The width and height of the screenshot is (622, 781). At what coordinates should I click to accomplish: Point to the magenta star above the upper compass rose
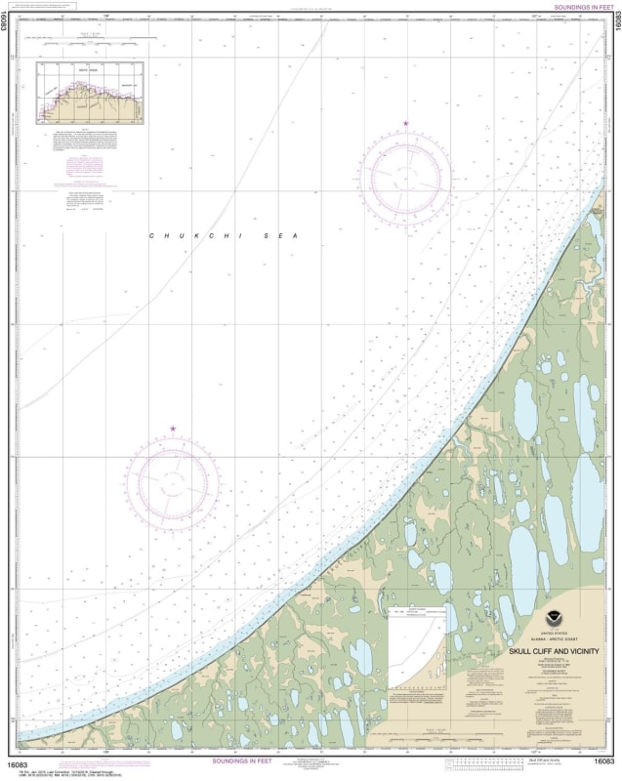pyautogui.click(x=406, y=123)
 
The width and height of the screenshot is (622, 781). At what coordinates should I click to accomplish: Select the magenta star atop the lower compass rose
pyautogui.click(x=173, y=429)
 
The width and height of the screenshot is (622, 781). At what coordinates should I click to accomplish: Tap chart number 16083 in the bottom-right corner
pyautogui.click(x=604, y=761)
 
